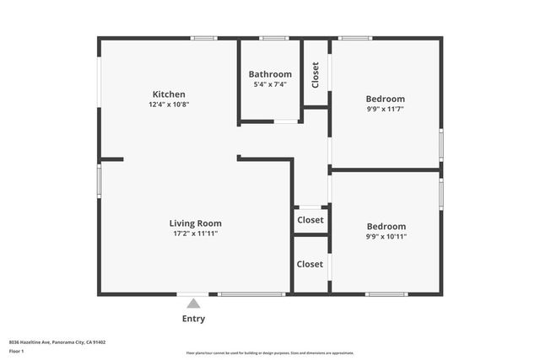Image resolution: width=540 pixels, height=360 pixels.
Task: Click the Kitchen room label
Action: [x=169, y=94]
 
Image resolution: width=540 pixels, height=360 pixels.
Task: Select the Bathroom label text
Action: [x=270, y=74]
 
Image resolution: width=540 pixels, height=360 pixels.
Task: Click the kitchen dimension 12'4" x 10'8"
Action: [x=169, y=105]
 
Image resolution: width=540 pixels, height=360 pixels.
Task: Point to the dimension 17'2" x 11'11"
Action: [x=195, y=234]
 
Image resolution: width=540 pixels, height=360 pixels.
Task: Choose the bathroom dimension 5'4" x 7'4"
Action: [x=270, y=84]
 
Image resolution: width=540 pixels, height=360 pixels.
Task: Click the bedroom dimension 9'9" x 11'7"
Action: [x=386, y=109]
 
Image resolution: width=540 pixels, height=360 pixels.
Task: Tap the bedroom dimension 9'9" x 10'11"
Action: [x=386, y=237]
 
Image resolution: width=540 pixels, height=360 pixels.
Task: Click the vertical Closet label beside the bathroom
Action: [x=316, y=75]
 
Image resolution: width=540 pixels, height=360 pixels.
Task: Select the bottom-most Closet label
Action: [x=310, y=264]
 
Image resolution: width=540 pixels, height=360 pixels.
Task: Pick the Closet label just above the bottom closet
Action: [x=310, y=220]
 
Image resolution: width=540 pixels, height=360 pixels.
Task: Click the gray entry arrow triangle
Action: [x=194, y=304]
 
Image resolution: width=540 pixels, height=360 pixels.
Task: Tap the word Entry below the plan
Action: [x=194, y=319]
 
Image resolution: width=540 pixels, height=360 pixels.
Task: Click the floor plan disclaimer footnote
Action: [x=270, y=353]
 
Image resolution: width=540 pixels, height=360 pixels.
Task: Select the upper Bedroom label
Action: [x=386, y=99]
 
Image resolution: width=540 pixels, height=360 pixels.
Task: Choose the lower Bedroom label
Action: [x=386, y=226]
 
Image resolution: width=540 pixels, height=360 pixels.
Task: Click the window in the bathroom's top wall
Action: [x=274, y=38]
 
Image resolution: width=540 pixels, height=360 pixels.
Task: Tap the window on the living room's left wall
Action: [x=100, y=180]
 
